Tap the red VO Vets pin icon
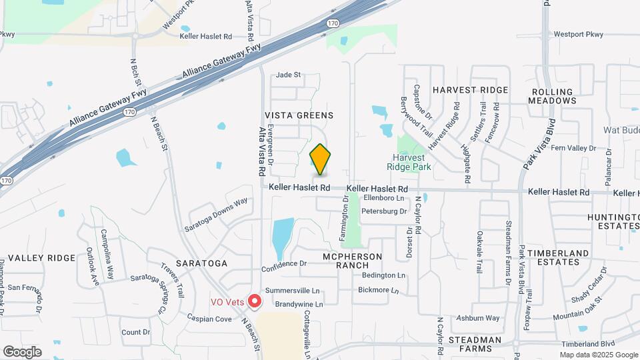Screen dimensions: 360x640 [254, 301]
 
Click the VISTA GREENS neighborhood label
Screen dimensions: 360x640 [299, 115]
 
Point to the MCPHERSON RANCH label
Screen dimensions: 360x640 [352, 261]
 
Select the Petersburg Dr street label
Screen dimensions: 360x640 [383, 211]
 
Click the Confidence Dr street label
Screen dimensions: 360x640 [284, 263]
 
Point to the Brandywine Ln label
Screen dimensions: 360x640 [294, 304]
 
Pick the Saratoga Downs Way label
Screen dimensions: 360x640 [217, 214]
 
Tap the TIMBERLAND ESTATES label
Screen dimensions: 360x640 [558, 257]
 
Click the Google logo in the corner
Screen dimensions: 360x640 [22, 351]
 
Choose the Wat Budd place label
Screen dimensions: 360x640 [621, 130]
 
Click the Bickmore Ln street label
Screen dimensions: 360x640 [378, 291]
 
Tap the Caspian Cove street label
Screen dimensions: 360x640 [213, 319]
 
